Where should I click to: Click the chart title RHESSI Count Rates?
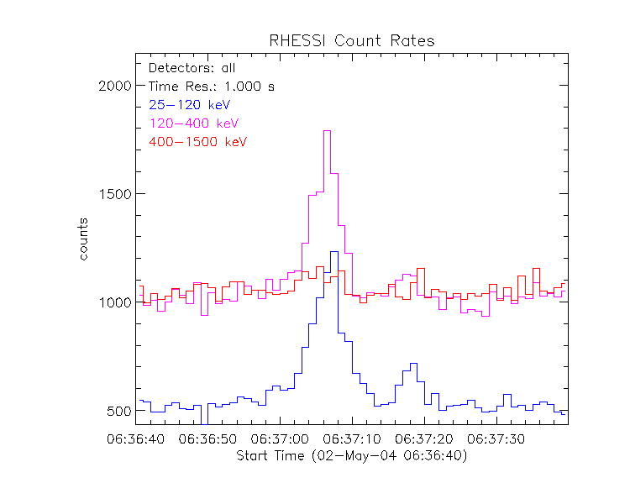pyautogui.click(x=351, y=40)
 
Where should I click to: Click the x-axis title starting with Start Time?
pyautogui.click(x=351, y=456)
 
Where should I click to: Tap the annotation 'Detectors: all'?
pyautogui.click(x=192, y=68)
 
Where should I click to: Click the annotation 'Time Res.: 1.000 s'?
pyautogui.click(x=211, y=87)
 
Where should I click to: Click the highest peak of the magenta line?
pyautogui.click(x=328, y=131)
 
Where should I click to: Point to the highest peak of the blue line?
pyautogui.click(x=334, y=252)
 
